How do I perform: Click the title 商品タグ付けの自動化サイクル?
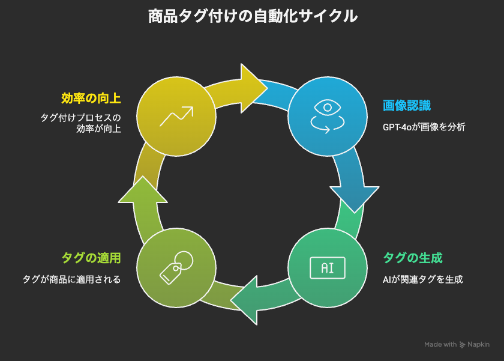tap(253, 17)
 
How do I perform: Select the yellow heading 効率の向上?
tap(91, 97)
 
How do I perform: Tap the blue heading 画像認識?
tap(407, 106)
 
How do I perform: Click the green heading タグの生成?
tap(413, 258)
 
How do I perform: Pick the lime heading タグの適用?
tap(91, 258)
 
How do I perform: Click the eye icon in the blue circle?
tap(328, 109)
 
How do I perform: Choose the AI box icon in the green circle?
tap(328, 268)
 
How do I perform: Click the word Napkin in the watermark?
tap(479, 345)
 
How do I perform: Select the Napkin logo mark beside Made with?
tap(463, 345)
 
